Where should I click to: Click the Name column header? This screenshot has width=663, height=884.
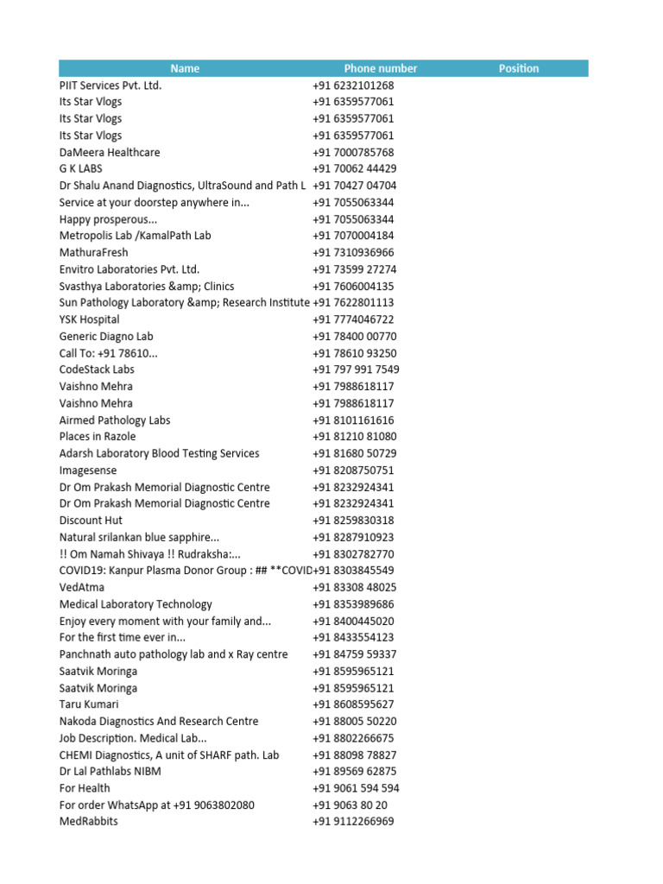pyautogui.click(x=185, y=68)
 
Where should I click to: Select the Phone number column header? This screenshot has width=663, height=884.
pyautogui.click(x=380, y=68)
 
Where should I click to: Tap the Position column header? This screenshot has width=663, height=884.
pyautogui.click(x=518, y=68)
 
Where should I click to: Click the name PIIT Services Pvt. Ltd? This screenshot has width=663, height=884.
pyautogui.click(x=110, y=85)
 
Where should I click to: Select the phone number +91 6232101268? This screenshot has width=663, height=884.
pyautogui.click(x=353, y=85)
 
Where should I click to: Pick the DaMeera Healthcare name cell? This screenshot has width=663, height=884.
pyautogui.click(x=110, y=152)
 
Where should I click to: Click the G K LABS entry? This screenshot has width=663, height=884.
pyautogui.click(x=80, y=169)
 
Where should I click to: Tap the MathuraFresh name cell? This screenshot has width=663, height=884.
pyautogui.click(x=93, y=253)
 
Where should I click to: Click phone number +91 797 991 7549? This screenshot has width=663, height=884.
pyautogui.click(x=356, y=369)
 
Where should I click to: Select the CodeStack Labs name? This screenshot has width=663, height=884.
pyautogui.click(x=97, y=369)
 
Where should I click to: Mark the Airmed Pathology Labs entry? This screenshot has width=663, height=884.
pyautogui.click(x=115, y=420)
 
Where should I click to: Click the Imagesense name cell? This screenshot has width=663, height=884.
pyautogui.click(x=87, y=470)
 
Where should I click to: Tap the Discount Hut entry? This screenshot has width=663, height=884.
pyautogui.click(x=91, y=521)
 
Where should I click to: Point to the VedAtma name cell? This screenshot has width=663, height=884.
pyautogui.click(x=81, y=587)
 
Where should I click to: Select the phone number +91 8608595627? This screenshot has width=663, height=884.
pyautogui.click(x=353, y=704)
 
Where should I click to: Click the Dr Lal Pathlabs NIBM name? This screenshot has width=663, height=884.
pyautogui.click(x=110, y=771)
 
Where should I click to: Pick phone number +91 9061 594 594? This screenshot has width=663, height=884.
pyautogui.click(x=356, y=788)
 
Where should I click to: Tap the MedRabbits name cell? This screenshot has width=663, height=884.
pyautogui.click(x=89, y=821)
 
